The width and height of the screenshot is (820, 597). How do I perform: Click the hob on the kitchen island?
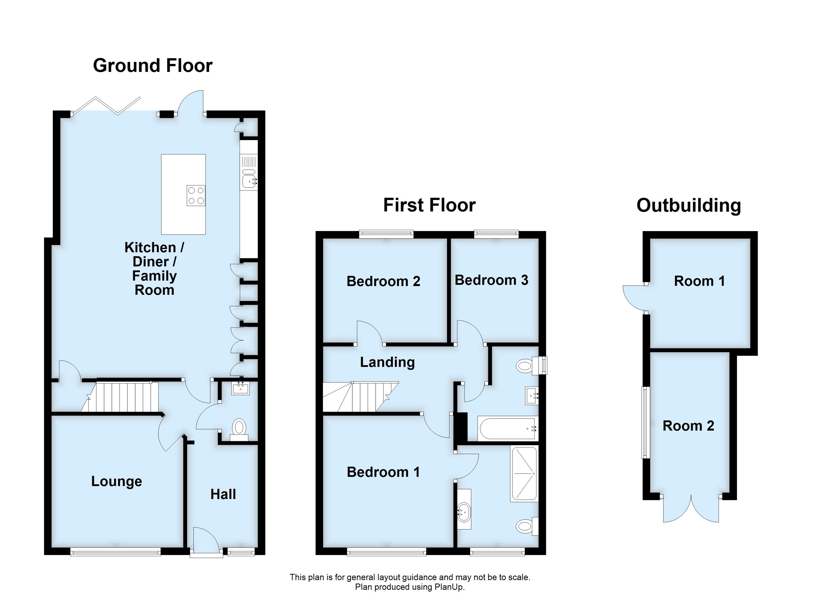196,196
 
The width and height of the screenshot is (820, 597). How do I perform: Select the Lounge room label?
117,481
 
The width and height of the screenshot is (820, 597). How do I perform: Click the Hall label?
223,494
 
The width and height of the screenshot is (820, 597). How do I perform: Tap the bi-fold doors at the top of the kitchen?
106,106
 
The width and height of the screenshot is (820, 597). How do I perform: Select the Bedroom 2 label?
383,281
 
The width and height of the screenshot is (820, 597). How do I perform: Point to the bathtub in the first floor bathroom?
507,429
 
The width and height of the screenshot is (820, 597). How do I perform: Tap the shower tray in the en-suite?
524,474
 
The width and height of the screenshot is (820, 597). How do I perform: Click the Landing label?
387,362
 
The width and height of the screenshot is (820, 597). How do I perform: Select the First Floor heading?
429,205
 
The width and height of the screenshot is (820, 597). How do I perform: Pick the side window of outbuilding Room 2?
646,422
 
